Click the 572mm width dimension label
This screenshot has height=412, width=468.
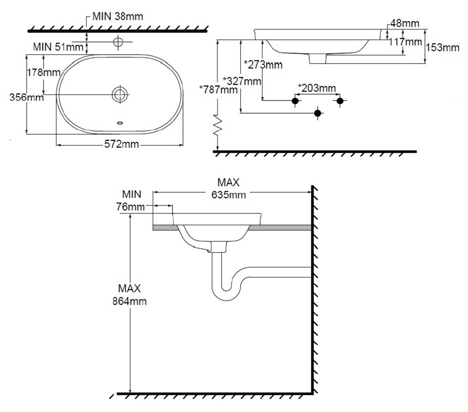121,145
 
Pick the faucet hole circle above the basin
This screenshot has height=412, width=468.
118,43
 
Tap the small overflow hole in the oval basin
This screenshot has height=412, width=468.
120,123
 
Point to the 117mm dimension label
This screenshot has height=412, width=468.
405,42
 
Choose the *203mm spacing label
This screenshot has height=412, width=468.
317,88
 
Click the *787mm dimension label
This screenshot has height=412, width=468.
219,89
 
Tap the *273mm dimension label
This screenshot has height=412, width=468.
263,65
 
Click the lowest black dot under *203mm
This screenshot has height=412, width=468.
318,113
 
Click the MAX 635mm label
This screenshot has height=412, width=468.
228,188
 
